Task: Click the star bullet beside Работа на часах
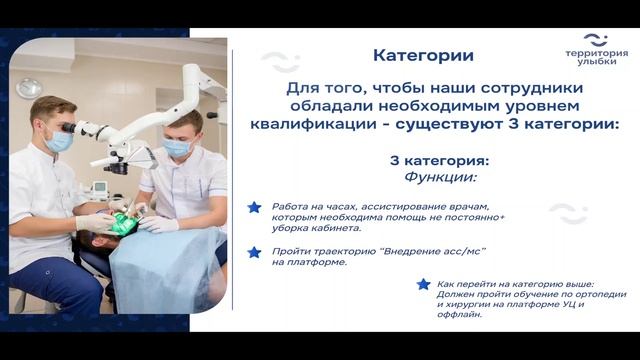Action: (254, 207)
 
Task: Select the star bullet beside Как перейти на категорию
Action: (424, 284)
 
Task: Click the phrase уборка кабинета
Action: (310, 227)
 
